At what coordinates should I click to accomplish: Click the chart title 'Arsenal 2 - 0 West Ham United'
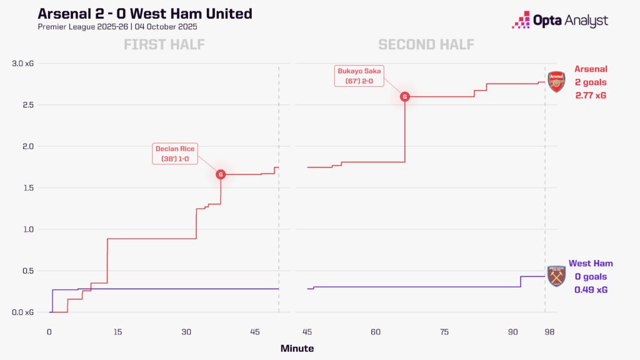[145, 14]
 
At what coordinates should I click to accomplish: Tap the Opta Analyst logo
[559, 20]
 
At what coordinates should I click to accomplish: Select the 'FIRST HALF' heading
[164, 44]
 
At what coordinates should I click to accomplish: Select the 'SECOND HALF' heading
[426, 44]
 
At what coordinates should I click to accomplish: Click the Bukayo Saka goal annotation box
[360, 76]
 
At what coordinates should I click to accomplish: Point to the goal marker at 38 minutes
[221, 174]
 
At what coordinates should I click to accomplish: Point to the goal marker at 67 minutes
[405, 97]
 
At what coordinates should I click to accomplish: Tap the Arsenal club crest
[556, 82]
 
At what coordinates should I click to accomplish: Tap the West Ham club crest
[556, 276]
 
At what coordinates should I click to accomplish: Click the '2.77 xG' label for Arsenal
[591, 96]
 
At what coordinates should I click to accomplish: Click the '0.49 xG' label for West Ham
[591, 290]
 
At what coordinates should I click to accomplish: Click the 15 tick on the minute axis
[117, 332]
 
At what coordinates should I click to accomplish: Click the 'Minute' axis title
[297, 348]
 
